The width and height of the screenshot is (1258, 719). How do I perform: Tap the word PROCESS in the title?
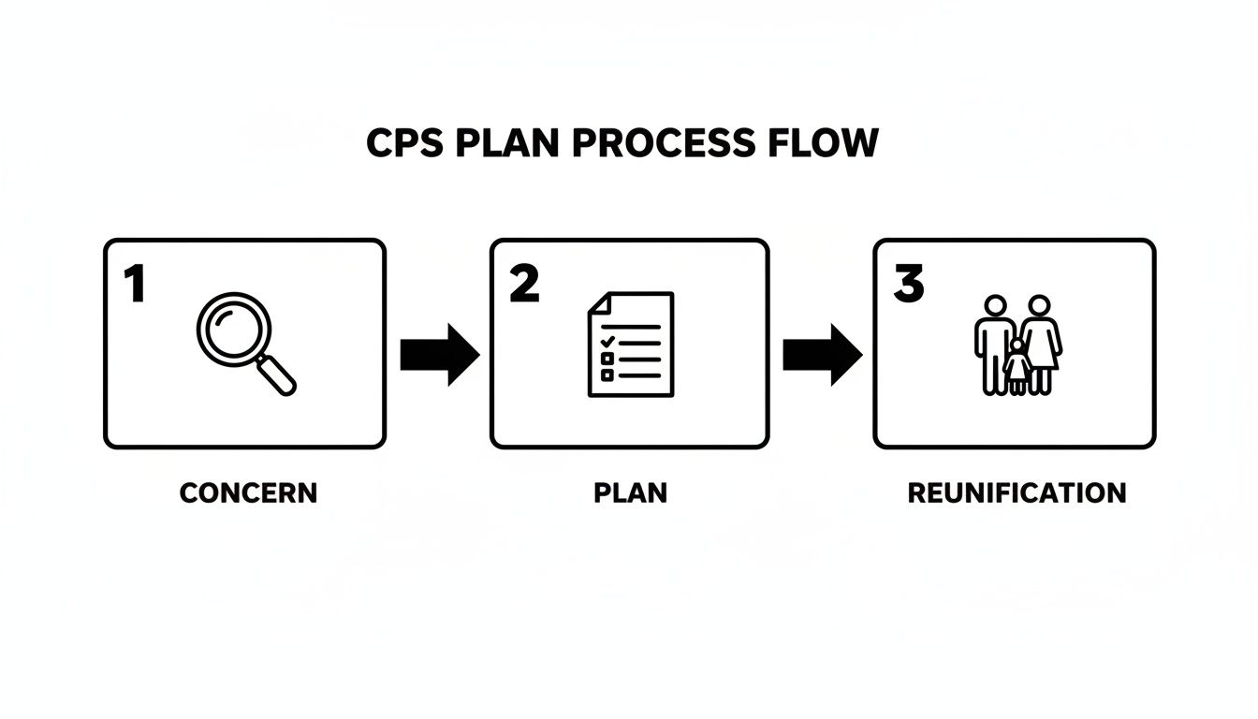[661, 142]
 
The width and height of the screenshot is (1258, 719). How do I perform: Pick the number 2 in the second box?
[524, 284]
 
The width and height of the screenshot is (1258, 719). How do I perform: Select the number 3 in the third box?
[908, 284]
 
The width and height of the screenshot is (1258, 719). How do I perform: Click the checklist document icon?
[630, 344]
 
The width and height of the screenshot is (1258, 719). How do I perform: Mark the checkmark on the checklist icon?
[607, 341]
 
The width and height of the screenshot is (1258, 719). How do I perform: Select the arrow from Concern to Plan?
[439, 355]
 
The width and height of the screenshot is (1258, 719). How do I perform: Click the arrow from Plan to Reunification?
[822, 355]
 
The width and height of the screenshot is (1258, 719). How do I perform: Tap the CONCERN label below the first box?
[248, 492]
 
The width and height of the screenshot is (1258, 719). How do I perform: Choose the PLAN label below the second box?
[630, 492]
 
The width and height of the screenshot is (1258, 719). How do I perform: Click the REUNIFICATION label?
[1017, 492]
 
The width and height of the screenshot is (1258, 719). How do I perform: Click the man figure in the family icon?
[994, 342]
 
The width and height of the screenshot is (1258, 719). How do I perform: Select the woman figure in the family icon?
[1041, 342]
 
